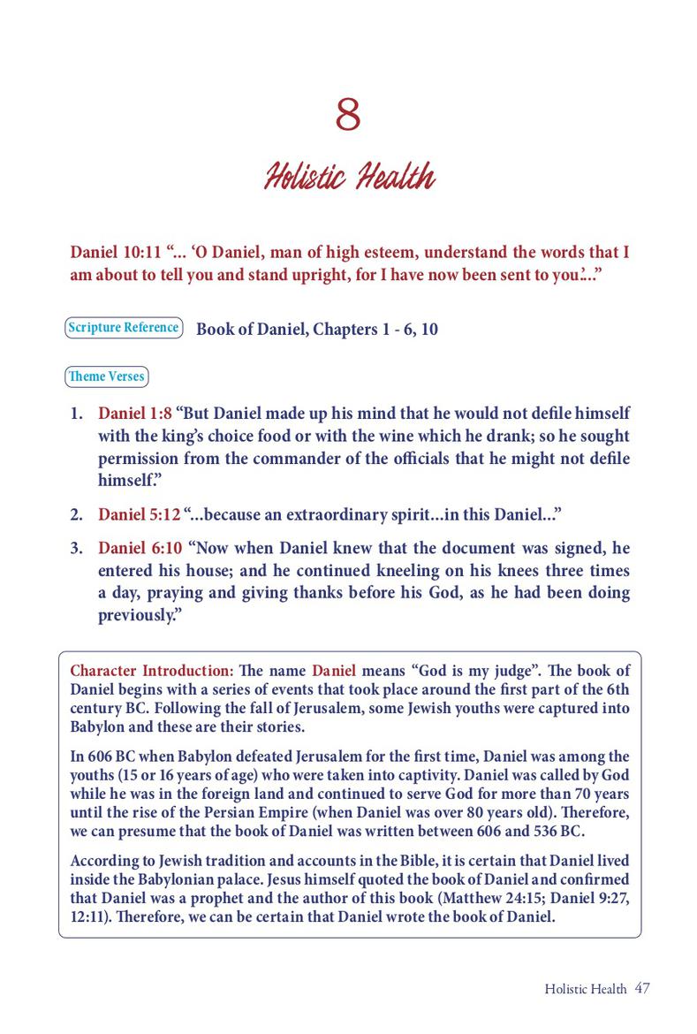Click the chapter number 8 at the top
pos(348,116)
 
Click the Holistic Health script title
pos(349,178)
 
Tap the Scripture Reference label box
pos(124,328)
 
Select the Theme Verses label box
pos(107,376)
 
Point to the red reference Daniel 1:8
pos(134,414)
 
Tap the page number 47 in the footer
pos(642,988)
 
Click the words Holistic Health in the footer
pos(586,989)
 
